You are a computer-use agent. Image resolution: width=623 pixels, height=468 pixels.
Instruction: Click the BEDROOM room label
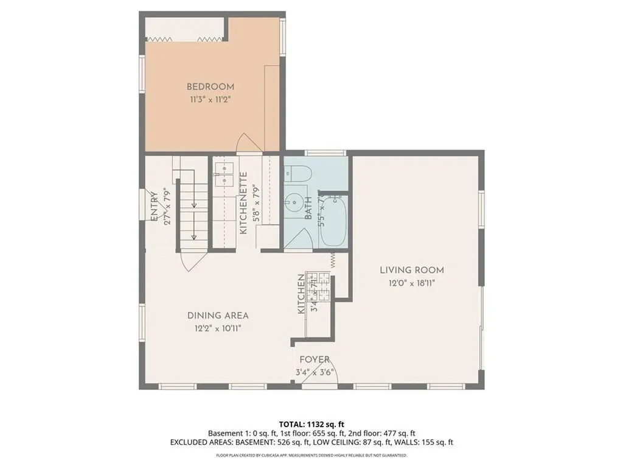(210, 87)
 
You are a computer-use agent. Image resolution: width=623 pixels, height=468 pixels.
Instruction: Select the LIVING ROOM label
(412, 270)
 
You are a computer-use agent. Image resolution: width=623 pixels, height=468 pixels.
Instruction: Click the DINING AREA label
(218, 316)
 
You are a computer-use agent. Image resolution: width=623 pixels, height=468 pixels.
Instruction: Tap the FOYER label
(315, 360)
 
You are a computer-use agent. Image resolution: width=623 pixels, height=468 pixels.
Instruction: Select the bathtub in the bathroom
(333, 220)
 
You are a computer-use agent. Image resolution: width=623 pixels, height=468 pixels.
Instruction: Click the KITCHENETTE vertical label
(243, 204)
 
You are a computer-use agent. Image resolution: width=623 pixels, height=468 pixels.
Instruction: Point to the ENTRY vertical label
(154, 207)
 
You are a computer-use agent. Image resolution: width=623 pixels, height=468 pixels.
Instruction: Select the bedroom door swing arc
(248, 143)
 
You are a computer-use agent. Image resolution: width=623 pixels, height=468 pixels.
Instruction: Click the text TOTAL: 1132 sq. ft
(311, 424)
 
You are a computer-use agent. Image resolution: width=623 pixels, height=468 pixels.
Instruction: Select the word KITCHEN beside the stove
(301, 294)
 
